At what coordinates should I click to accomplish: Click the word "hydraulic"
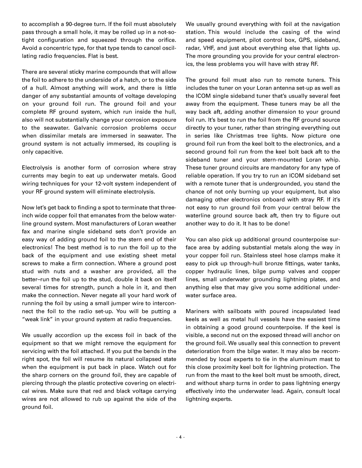click(225, 271)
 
